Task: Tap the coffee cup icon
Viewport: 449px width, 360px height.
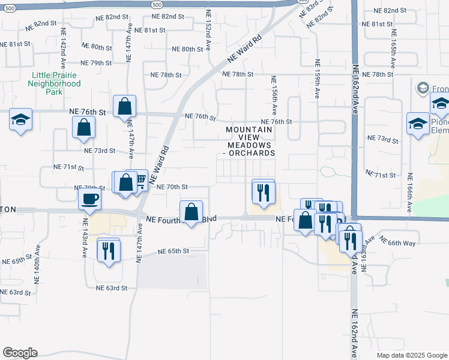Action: coord(89,199)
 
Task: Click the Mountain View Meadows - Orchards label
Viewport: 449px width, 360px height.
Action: coord(250,141)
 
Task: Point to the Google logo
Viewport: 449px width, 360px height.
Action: coord(20,353)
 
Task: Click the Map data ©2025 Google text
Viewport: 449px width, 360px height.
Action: coord(411,355)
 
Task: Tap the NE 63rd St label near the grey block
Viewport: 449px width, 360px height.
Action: coord(112,288)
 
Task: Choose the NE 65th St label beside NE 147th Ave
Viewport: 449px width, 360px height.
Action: coord(173,251)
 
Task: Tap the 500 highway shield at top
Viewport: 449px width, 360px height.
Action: coord(157,4)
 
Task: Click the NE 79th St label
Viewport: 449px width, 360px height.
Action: coord(96,63)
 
